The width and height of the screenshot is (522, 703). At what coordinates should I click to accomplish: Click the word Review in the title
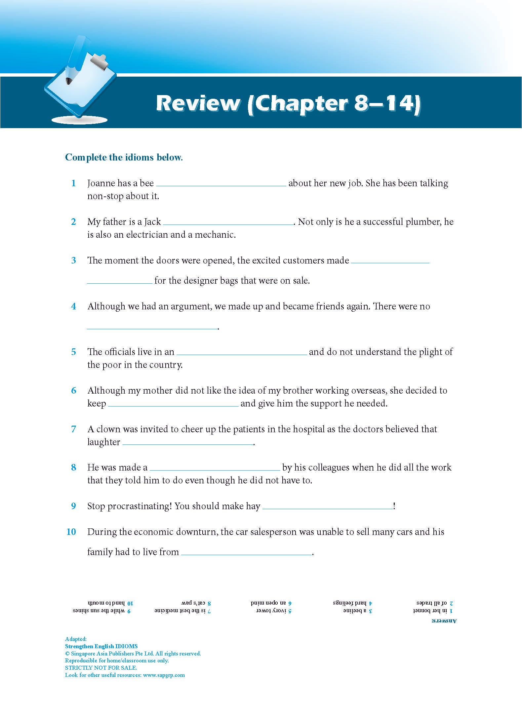pos(198,103)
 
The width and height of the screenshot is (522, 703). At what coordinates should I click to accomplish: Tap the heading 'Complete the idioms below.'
pos(124,157)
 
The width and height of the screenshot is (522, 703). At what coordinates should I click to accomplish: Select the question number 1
pos(74,183)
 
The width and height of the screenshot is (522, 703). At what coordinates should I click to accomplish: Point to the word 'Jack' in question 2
pos(152,222)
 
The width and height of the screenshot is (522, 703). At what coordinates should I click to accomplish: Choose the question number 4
pos(73,306)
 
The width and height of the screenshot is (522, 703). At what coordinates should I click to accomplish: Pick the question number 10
pos(71,532)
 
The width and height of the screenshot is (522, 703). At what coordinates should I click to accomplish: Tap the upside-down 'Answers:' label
pos(444,621)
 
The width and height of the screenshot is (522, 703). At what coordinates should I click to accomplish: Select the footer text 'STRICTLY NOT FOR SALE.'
pos(101,668)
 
